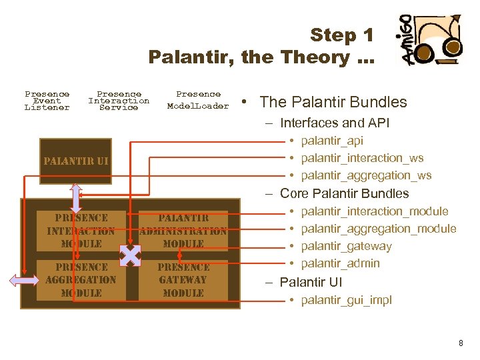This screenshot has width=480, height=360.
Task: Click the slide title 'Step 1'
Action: [x=341, y=35]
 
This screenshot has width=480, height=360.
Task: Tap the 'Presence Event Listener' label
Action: [x=47, y=101]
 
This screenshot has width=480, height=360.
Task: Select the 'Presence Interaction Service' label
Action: [x=119, y=101]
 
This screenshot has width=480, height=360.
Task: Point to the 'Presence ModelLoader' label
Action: [x=197, y=100]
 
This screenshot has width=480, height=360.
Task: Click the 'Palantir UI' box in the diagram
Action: [x=75, y=161]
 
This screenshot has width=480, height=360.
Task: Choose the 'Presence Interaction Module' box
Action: [x=81, y=231]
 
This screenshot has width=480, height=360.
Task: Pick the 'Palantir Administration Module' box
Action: [x=183, y=231]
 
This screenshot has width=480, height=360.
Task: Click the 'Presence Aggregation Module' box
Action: [x=81, y=280]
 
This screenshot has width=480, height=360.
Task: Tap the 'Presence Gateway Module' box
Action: [x=183, y=280]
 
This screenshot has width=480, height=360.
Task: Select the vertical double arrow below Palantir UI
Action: [x=76, y=198]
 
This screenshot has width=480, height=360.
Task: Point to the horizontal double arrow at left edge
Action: [x=25, y=281]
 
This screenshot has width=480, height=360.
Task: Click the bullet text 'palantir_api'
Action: [x=332, y=141]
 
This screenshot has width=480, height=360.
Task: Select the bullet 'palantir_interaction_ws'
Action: [x=362, y=158]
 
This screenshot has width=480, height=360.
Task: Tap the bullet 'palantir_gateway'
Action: [x=346, y=246]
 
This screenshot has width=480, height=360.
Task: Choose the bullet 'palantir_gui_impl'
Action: [x=346, y=300]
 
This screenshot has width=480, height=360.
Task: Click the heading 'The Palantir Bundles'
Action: [x=333, y=102]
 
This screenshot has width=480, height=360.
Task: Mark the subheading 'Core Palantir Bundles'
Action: [x=344, y=193]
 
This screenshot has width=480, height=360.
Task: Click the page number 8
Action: [x=461, y=343]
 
